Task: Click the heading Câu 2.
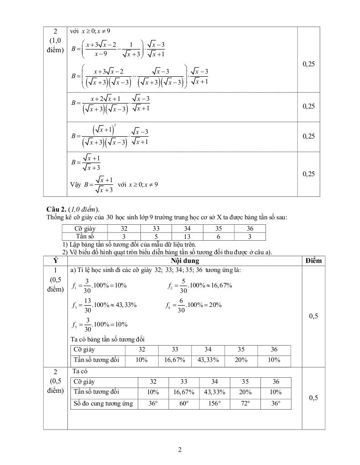[x=56, y=209]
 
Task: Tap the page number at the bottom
[x=180, y=450]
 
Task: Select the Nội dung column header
[x=185, y=261]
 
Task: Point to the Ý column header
[x=55, y=261]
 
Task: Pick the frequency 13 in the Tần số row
[x=187, y=236]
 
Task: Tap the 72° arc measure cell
[x=245, y=404]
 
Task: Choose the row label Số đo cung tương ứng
[x=103, y=404]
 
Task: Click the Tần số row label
[x=85, y=236]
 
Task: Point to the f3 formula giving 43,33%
[x=104, y=305]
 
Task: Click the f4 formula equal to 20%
[x=193, y=305]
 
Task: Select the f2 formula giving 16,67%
[x=199, y=286]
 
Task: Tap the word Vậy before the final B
[x=76, y=185]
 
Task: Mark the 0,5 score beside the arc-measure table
[x=313, y=398]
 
